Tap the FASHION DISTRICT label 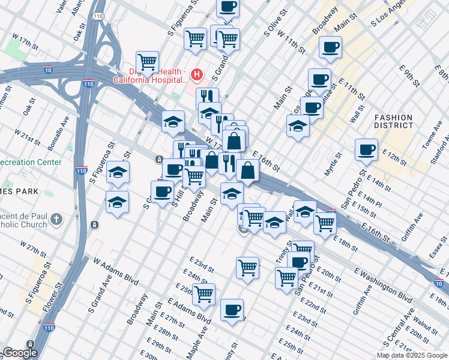click(393, 121)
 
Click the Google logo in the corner click(20, 353)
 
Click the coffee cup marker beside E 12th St click(366, 151)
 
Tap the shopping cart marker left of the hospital click(147, 62)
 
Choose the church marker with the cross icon click(56, 220)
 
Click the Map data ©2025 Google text click(411, 355)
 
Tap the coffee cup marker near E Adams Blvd click(232, 310)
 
